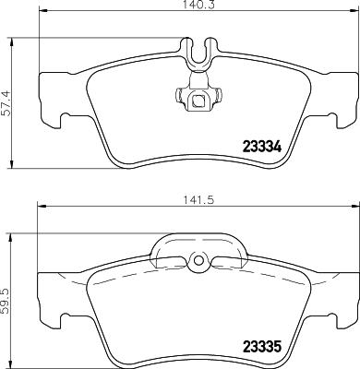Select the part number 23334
(261, 146)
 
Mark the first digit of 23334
(246, 146)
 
